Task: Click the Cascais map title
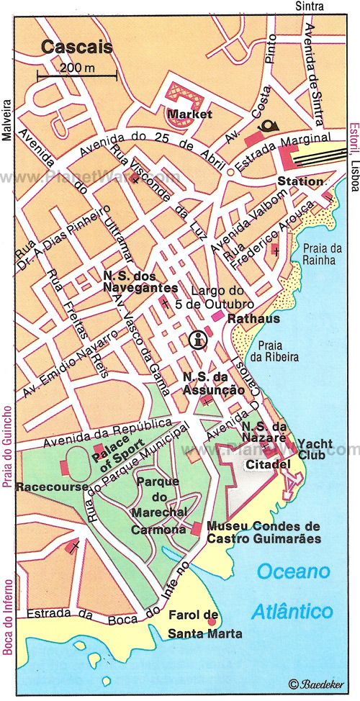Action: tap(66, 48)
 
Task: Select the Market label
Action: tap(189, 114)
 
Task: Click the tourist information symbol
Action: tap(197, 339)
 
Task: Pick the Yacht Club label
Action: tap(315, 448)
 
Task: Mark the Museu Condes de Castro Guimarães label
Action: tap(263, 532)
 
